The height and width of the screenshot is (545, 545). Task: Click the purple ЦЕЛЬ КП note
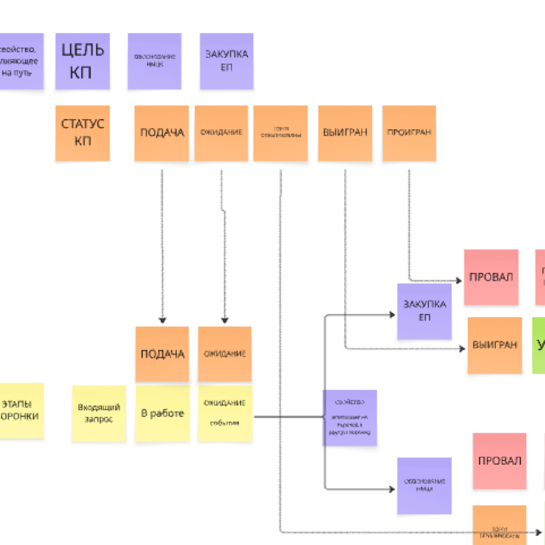point(82,61)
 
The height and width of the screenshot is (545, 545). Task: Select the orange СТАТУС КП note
point(82,133)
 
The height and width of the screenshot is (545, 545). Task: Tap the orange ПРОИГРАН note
point(409,133)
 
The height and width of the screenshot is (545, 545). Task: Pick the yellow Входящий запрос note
point(99,413)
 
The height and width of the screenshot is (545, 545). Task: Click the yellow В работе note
point(162,413)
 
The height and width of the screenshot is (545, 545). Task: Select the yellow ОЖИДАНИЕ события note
point(225,413)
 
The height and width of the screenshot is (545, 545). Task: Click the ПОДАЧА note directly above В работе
point(162,354)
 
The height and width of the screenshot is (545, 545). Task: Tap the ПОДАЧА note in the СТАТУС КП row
point(161,133)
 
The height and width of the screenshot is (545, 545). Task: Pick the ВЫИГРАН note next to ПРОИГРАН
point(345,133)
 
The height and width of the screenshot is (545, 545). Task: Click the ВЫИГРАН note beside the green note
point(495,345)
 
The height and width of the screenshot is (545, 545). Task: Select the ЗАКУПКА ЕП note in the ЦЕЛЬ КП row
point(226,61)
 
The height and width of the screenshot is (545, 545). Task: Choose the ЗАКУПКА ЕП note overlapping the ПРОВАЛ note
point(424,311)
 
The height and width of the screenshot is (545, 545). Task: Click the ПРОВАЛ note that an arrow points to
point(491,277)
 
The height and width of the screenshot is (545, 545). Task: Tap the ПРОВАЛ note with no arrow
point(499,461)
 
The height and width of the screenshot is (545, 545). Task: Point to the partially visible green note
point(539,345)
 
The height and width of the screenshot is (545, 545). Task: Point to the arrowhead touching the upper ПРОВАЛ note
point(459,280)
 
